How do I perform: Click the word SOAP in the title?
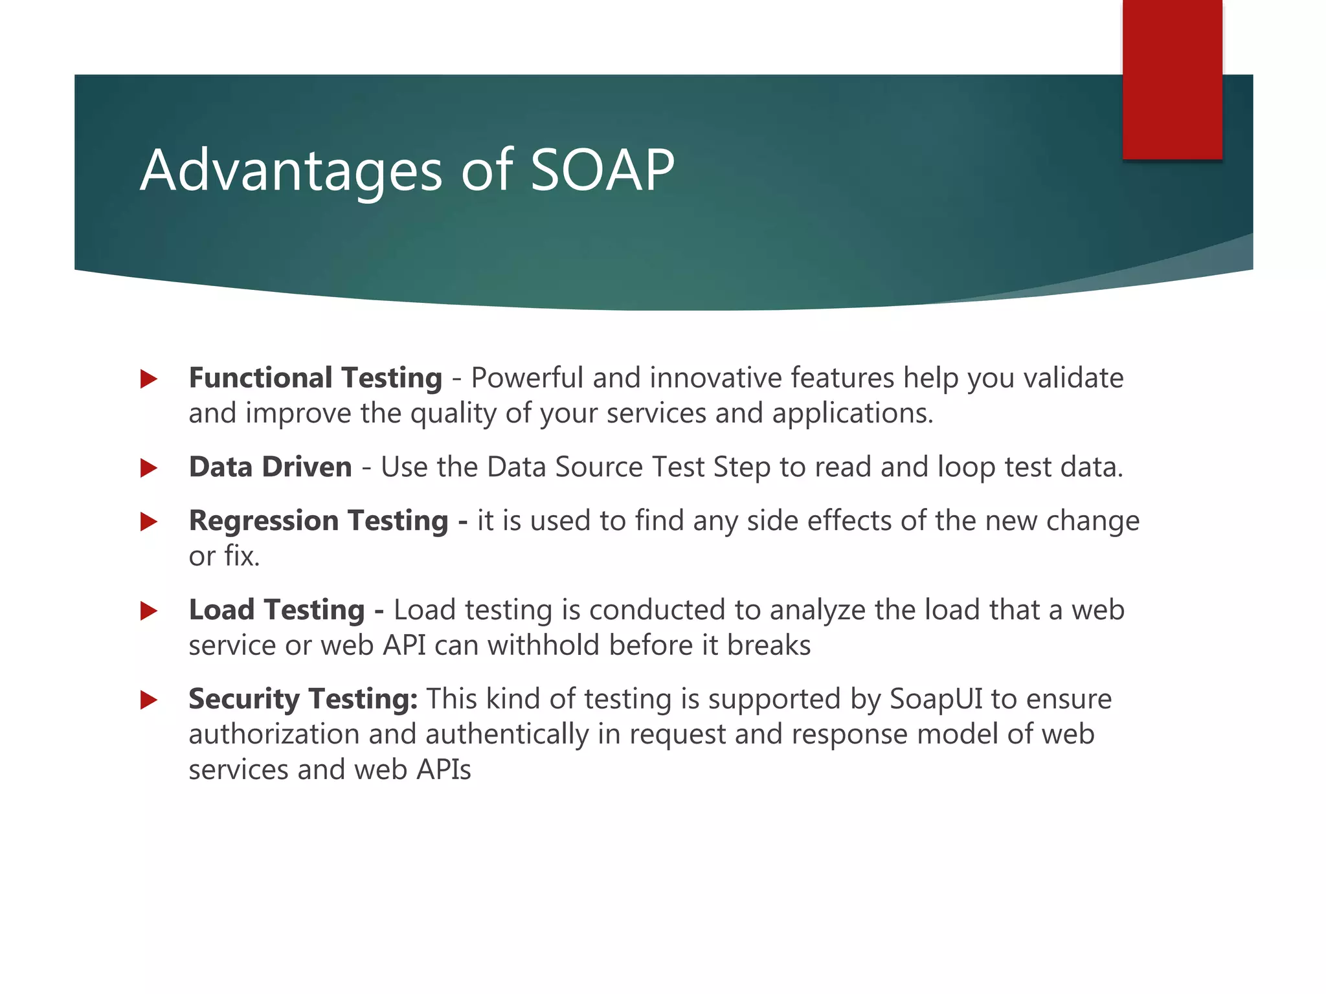click(602, 170)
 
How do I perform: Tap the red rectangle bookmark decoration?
click(1172, 80)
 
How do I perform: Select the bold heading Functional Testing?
click(315, 378)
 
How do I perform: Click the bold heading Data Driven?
click(270, 467)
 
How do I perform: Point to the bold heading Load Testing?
click(276, 610)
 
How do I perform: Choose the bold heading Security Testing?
click(302, 700)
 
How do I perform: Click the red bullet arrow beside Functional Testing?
click(149, 379)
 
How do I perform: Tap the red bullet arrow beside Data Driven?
click(149, 468)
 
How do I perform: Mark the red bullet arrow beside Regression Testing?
click(149, 522)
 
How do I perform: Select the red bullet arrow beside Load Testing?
click(149, 610)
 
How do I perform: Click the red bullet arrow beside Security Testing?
click(149, 700)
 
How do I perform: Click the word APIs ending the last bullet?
click(444, 770)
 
